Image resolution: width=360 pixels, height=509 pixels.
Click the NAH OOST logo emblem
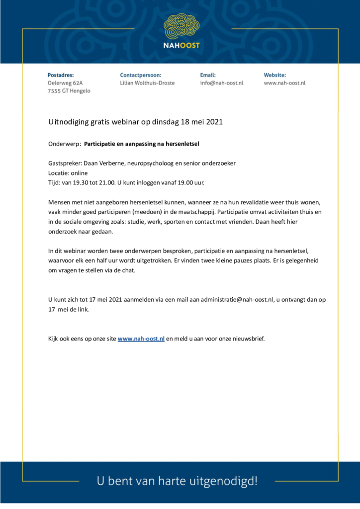coord(181,28)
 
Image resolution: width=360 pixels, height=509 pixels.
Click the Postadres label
coord(61,75)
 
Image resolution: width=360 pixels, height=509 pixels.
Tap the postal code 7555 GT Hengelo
coord(69,91)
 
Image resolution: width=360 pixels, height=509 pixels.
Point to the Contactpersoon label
coord(141,75)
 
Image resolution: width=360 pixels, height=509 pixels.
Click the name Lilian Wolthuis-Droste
coord(147,83)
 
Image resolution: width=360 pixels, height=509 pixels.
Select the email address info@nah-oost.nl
coord(222,83)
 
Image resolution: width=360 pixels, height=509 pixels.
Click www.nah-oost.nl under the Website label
coord(284,83)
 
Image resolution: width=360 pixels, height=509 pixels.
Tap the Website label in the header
coord(275,75)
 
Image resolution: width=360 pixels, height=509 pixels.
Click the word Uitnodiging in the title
coord(70,122)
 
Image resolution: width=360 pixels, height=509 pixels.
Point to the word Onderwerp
coord(64,144)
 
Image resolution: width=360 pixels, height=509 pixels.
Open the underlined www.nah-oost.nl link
coord(141,339)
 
